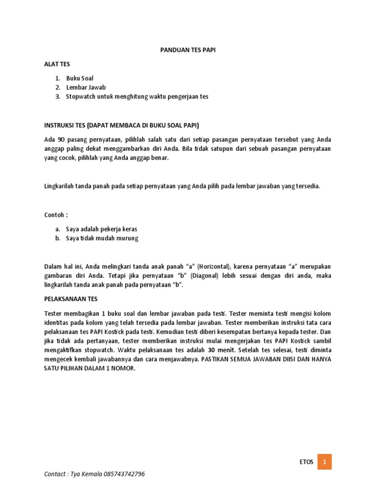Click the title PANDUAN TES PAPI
click(188, 49)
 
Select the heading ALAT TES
click(57, 64)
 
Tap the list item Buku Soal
click(80, 78)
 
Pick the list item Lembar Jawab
click(86, 88)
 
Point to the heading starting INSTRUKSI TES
click(122, 124)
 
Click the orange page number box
click(324, 462)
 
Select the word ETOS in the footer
click(306, 462)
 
